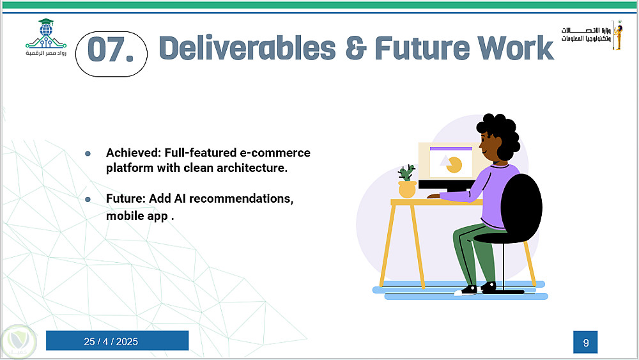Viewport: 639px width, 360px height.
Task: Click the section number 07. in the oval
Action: [x=111, y=50]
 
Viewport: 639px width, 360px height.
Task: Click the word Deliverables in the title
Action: [x=247, y=48]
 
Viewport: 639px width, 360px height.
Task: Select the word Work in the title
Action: [x=516, y=48]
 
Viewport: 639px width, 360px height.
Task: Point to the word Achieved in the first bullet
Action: [x=134, y=152]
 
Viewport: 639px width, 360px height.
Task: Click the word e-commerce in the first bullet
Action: [x=275, y=152]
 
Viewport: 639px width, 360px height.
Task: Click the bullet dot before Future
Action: [x=88, y=200]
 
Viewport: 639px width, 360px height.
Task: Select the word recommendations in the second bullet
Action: [x=241, y=199]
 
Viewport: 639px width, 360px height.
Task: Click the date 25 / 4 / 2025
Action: [x=111, y=341]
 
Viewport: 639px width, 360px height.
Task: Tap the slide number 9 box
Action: [x=585, y=342]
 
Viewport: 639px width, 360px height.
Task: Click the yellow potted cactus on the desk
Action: [x=406, y=182]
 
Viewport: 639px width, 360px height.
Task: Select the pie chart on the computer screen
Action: [x=454, y=165]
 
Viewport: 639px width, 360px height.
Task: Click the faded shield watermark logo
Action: [x=18, y=341]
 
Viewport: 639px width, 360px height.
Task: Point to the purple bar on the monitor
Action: [x=450, y=149]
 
